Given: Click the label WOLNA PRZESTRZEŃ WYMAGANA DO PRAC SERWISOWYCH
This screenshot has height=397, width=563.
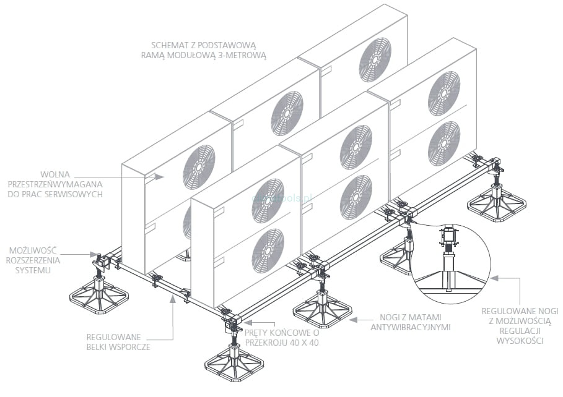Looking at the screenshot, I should point(54,184).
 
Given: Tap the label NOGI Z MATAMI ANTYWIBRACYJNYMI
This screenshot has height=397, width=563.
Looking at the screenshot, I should point(410,321).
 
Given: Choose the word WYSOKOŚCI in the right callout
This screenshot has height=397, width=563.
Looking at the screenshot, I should point(522,341).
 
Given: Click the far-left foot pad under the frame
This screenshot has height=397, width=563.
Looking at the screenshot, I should point(99,297).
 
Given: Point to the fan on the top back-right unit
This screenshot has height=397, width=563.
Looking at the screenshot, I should point(375,59).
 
